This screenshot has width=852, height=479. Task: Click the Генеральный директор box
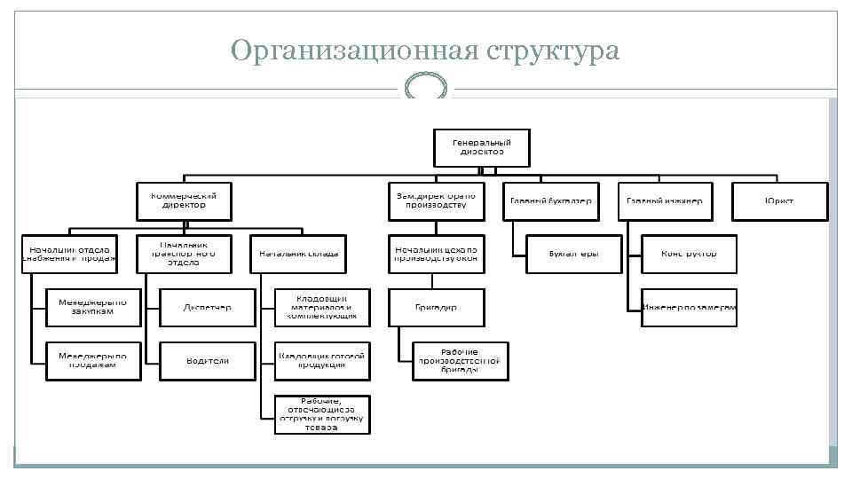click(481, 147)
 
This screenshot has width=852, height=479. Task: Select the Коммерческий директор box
click(184, 201)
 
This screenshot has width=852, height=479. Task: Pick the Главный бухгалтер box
click(550, 201)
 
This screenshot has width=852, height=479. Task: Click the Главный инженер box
click(665, 201)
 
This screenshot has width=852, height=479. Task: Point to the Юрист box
click(779, 201)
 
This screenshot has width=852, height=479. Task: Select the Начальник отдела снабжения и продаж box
click(69, 254)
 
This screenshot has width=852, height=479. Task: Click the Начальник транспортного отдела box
click(184, 254)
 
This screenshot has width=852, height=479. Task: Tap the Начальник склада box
click(298, 254)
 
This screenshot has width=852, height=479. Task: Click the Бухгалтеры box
click(573, 254)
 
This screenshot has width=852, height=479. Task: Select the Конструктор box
click(689, 254)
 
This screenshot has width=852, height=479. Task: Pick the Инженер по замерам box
click(689, 307)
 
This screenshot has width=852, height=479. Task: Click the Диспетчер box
click(207, 307)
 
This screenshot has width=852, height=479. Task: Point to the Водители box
click(207, 361)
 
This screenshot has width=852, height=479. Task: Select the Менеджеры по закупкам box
click(92, 307)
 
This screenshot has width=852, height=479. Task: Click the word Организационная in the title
click(354, 51)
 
